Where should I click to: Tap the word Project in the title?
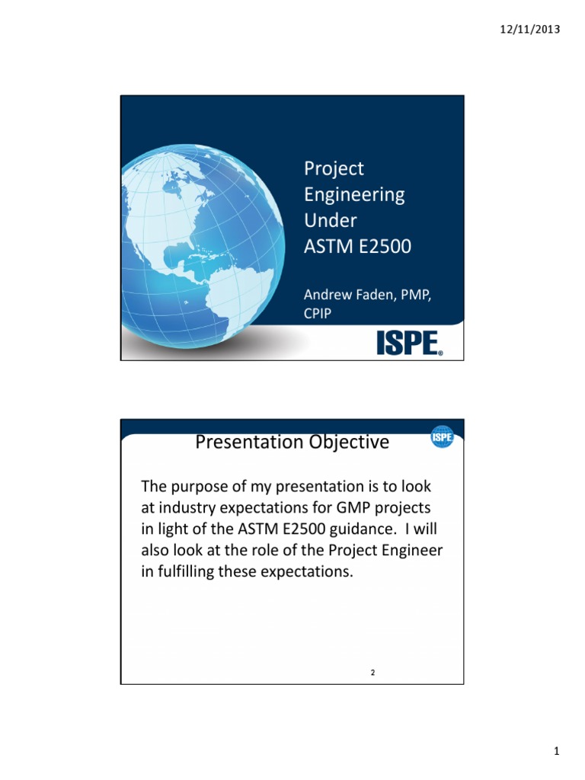tap(334, 168)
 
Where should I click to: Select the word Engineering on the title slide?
tap(354, 195)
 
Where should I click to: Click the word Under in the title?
tap(331, 221)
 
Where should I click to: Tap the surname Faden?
tap(379, 296)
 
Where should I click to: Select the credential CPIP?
tap(318, 313)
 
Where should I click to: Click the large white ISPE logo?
tap(409, 344)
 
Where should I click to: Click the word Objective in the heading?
tap(347, 442)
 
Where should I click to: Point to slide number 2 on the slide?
tap(373, 673)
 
